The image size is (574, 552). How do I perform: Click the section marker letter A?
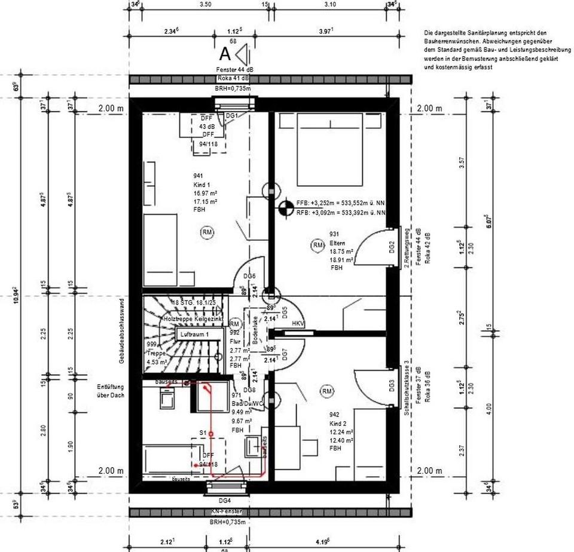pos(225,54)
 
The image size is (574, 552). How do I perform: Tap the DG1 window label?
pos(231,116)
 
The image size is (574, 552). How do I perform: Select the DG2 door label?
pos(392,247)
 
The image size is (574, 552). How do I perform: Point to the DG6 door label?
pos(249,275)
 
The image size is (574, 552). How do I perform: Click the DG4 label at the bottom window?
pos(224,501)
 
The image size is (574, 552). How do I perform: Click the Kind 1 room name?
pos(201,185)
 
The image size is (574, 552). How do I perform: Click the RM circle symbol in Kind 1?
pos(207,232)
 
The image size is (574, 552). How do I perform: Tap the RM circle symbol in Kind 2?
pos(327,391)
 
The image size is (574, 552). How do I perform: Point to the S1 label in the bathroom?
pos(203,432)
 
